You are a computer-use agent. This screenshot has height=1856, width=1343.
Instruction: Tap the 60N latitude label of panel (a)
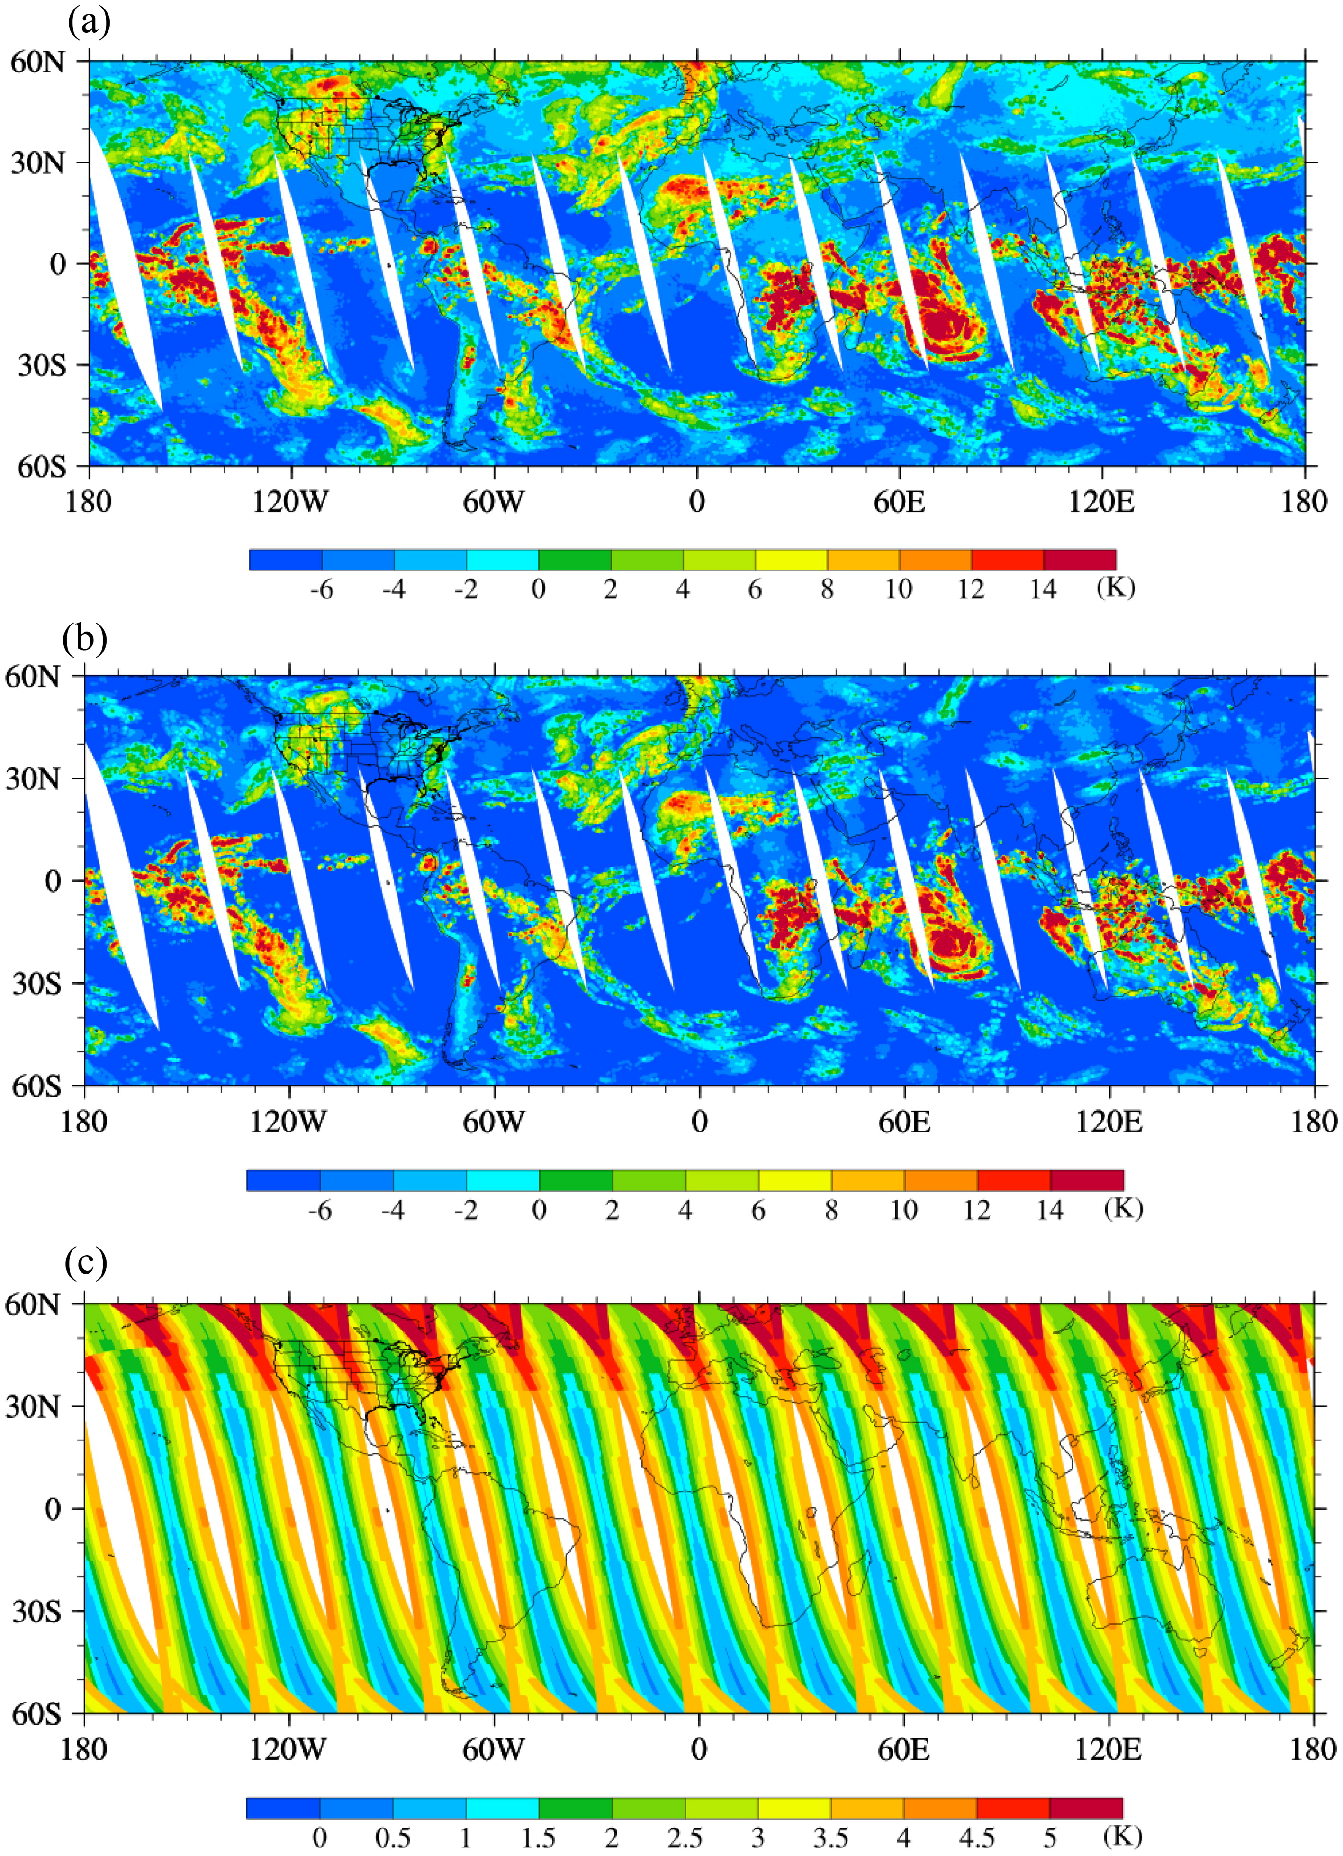37,62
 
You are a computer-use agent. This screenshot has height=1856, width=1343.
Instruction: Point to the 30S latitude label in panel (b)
37,984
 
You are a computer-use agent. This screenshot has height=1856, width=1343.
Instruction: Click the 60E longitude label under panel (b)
905,1121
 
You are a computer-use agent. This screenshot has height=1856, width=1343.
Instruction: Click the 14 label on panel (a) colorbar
1043,589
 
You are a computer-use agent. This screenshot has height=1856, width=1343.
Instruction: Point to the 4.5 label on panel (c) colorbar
977,1837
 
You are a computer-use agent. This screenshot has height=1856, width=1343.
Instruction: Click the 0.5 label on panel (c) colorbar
393,1837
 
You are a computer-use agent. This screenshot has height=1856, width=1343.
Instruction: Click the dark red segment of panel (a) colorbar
1080,560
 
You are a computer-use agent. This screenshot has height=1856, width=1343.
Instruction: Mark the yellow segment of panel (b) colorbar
795,1180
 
